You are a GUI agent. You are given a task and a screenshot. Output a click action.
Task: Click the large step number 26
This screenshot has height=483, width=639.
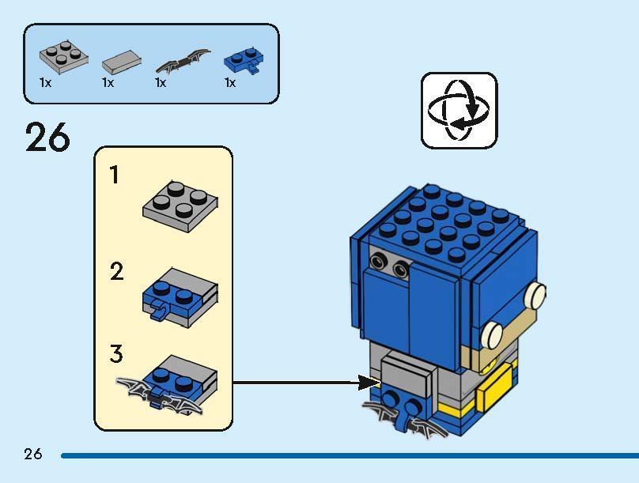pos(47,138)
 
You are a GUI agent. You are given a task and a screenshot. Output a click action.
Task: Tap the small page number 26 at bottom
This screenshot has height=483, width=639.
pos(32,454)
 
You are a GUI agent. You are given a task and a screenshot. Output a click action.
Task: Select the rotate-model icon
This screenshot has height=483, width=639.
pos(459,110)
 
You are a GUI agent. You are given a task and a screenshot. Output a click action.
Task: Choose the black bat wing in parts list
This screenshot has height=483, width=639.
pos(183,61)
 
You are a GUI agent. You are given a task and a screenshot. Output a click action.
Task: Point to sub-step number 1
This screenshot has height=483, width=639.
pos(115,175)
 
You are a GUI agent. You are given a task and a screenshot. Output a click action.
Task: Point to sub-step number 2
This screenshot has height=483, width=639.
pos(117,273)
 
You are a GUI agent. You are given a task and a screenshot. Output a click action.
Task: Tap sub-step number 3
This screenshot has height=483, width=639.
pos(117,353)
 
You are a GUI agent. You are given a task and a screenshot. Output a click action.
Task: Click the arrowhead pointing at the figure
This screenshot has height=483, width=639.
pos(369,383)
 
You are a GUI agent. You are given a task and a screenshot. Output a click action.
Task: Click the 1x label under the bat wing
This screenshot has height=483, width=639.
pos(161,83)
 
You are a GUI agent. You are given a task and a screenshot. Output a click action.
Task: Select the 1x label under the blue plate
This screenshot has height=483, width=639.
pos(230,83)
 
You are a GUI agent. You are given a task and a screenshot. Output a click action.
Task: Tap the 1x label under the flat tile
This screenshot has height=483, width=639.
pos(108,83)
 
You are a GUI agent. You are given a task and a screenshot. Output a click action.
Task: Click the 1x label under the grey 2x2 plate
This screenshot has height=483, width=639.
pos(45,83)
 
